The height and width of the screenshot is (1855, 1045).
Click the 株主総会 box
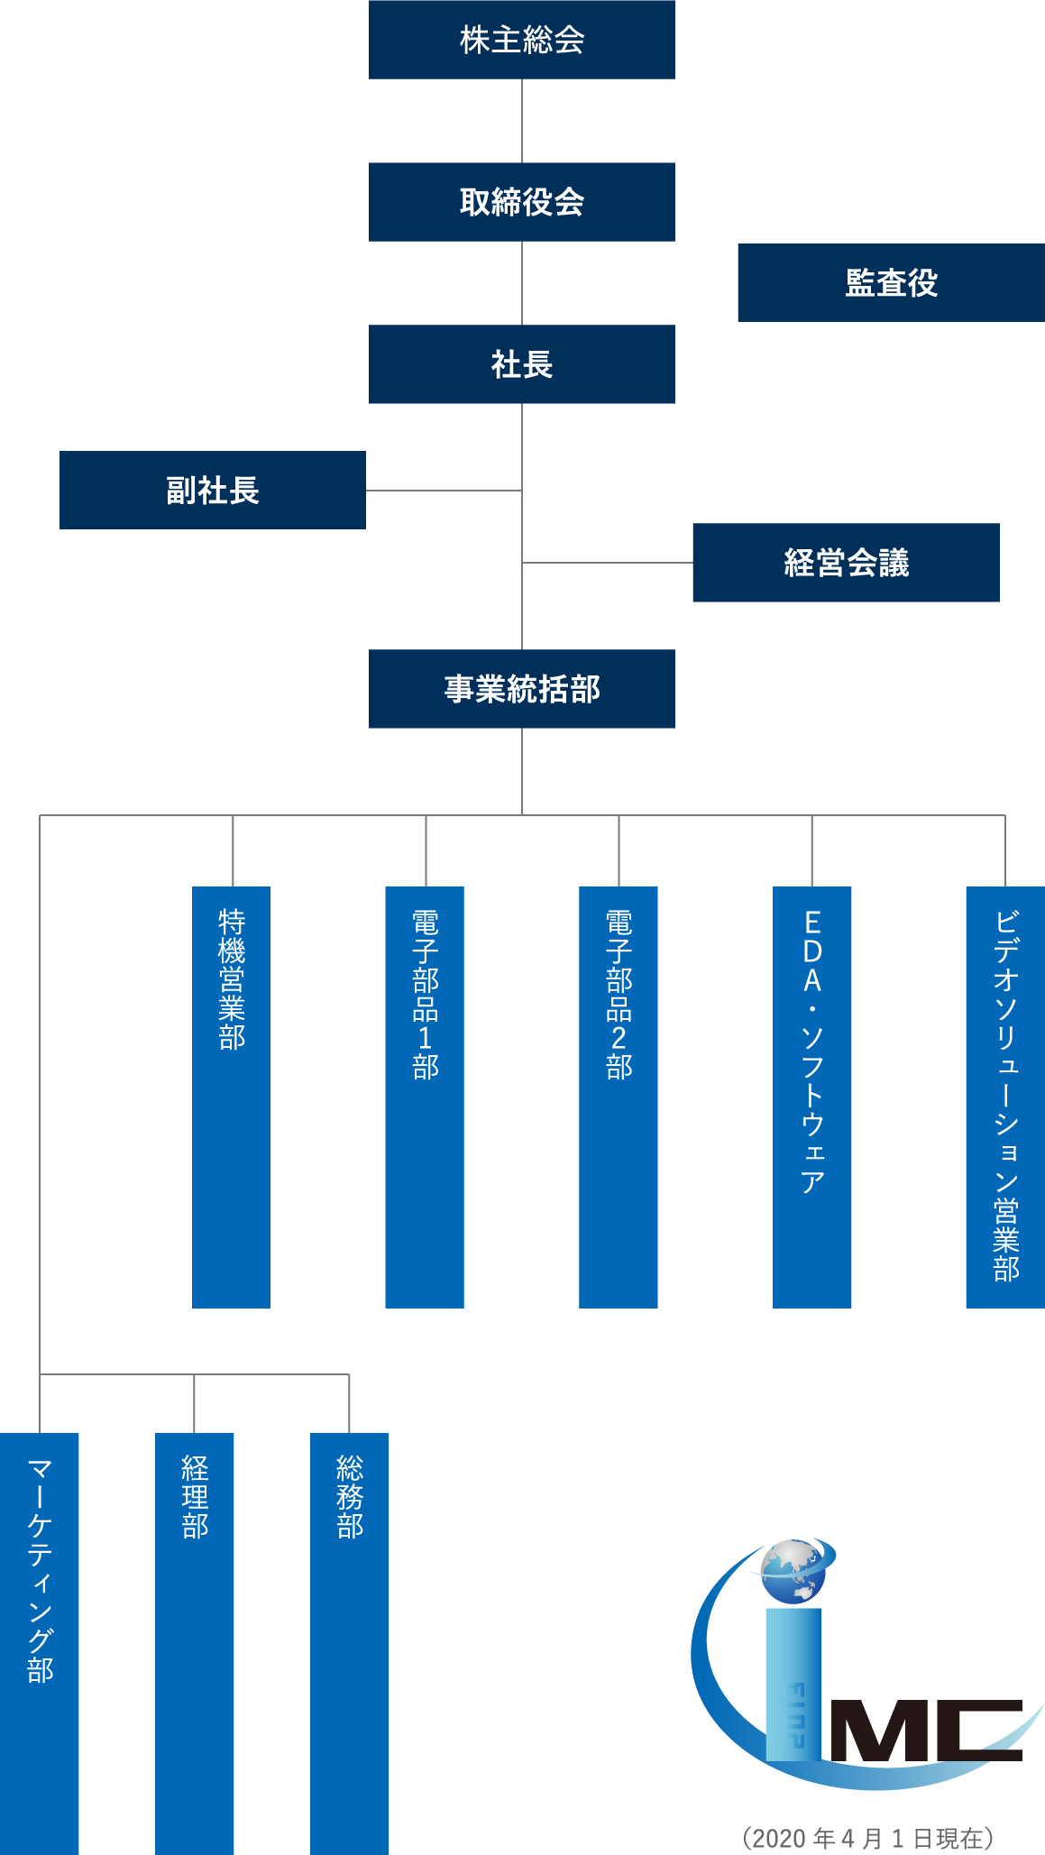click(521, 40)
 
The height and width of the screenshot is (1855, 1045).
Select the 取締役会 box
click(521, 202)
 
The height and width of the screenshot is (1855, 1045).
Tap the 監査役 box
click(890, 283)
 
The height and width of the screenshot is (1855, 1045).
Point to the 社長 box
click(521, 364)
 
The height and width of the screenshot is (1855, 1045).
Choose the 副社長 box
click(213, 491)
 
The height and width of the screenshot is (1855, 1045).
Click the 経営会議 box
click(846, 563)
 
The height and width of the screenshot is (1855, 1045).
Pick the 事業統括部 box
click(521, 689)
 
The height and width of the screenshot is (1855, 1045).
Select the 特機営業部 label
click(232, 979)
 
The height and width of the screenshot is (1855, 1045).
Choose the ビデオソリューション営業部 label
click(1005, 1095)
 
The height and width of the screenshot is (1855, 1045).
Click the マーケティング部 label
click(40, 1570)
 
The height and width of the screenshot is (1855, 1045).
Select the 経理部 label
click(195, 1497)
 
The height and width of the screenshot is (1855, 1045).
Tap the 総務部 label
click(350, 1497)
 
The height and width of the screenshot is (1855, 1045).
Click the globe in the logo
click(793, 1572)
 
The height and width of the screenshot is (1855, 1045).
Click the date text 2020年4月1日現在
click(868, 1838)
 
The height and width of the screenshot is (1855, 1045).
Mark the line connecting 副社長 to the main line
click(444, 491)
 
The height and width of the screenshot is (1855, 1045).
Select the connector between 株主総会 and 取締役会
click(522, 121)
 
